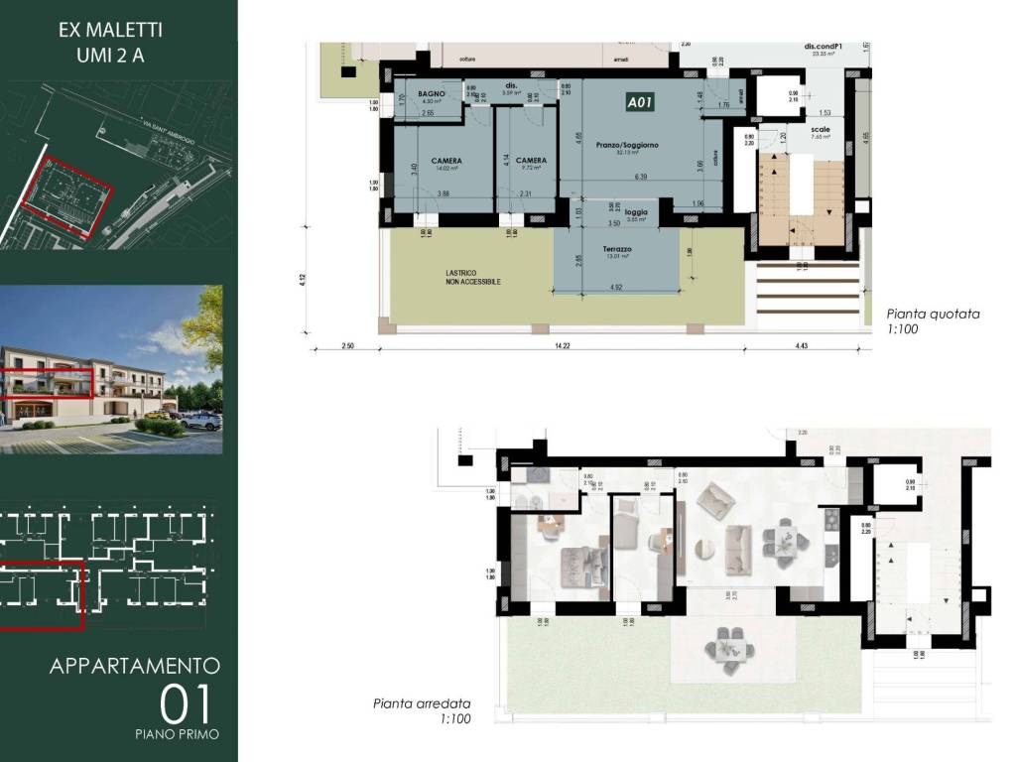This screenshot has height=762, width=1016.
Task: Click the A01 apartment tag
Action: (x=639, y=101)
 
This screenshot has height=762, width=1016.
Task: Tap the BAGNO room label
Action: (x=431, y=93)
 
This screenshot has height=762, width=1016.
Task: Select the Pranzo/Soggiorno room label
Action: (x=627, y=145)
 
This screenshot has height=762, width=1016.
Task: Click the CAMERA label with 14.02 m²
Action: (x=449, y=161)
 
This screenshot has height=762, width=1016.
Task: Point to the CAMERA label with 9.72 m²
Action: (x=531, y=161)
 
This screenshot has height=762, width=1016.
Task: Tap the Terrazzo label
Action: (x=617, y=249)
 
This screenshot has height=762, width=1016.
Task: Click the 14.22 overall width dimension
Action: (x=562, y=345)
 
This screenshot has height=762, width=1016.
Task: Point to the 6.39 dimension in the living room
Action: (x=641, y=177)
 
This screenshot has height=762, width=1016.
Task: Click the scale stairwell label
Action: (x=821, y=130)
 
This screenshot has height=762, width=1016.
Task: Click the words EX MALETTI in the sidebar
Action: (x=110, y=31)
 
